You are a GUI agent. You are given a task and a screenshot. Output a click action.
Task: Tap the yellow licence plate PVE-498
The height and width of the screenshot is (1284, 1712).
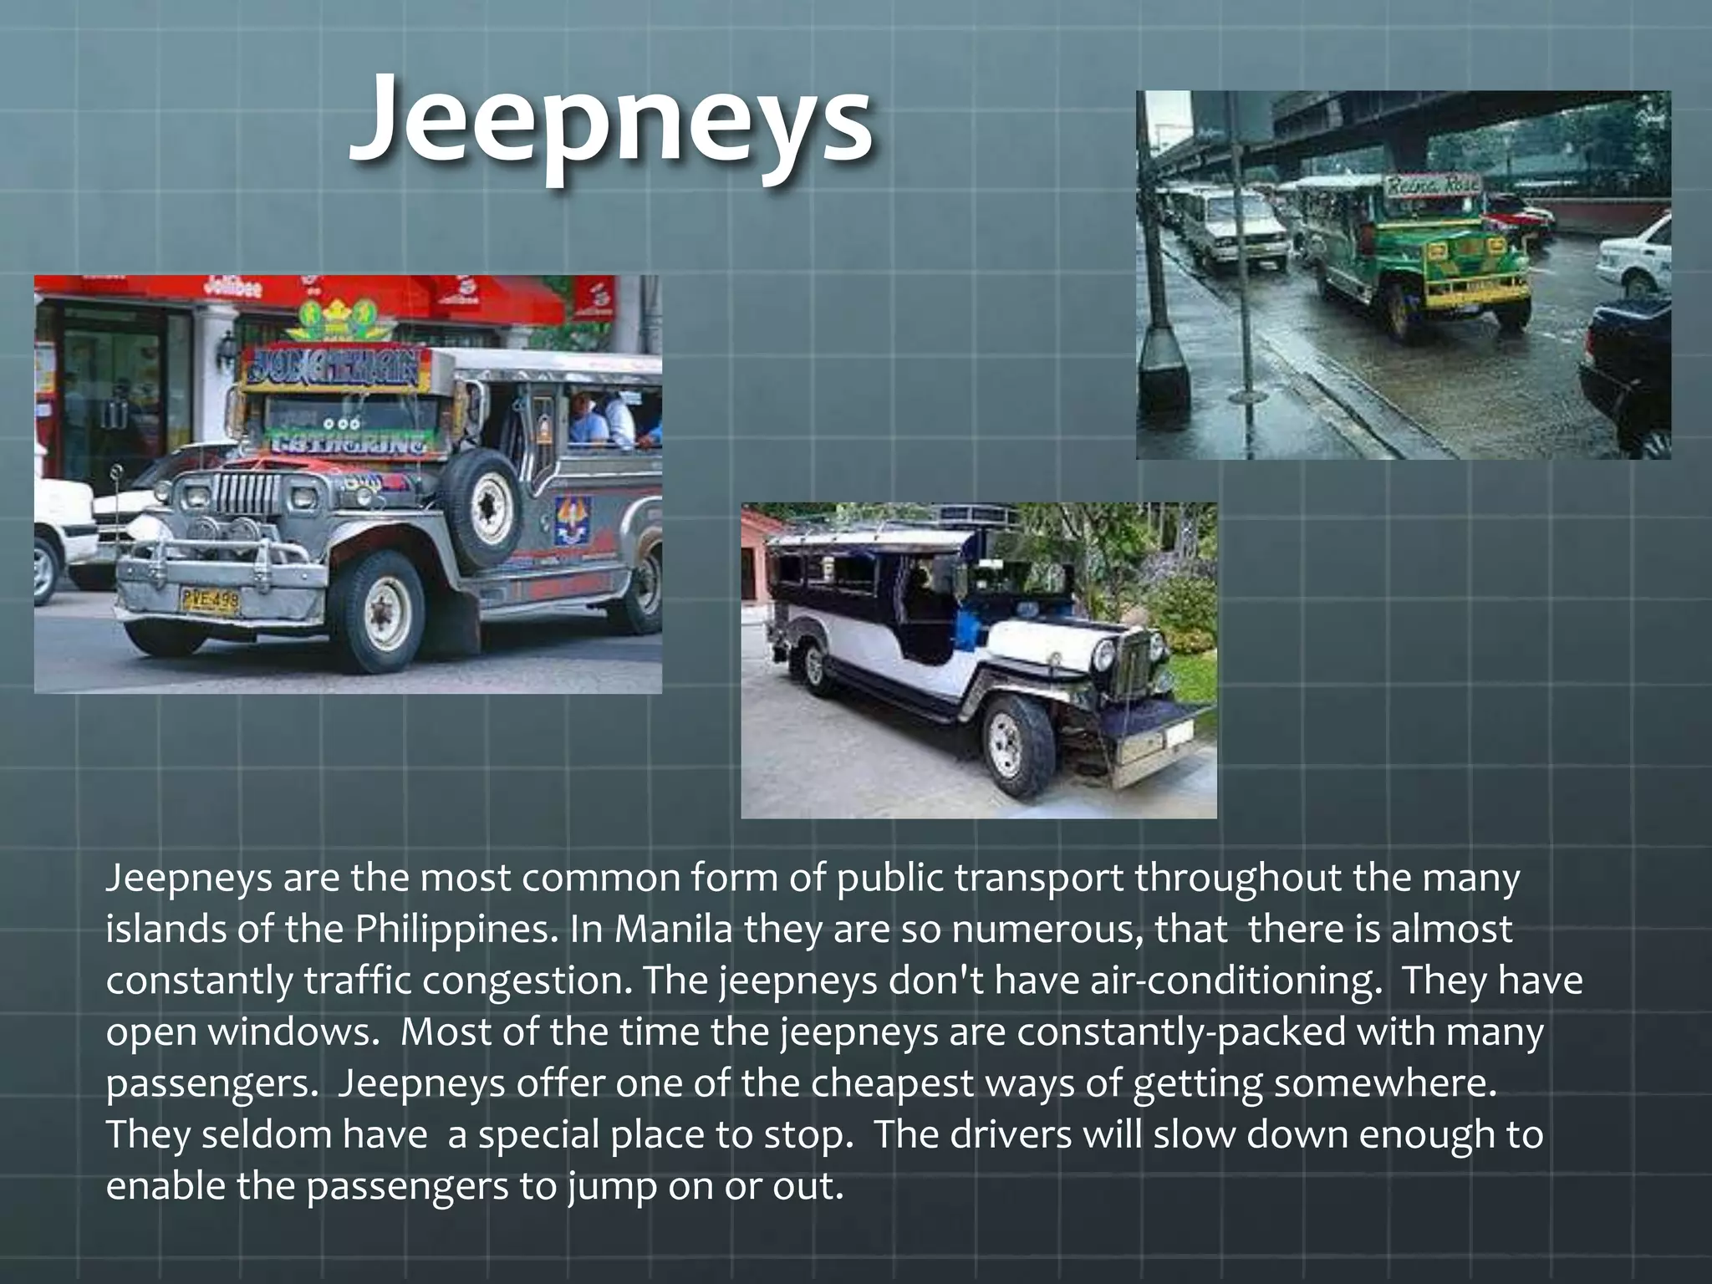click(210, 599)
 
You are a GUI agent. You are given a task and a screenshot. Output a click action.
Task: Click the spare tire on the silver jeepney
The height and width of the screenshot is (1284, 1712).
click(480, 506)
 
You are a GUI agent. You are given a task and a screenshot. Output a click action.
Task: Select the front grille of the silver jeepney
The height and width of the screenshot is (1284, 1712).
click(247, 493)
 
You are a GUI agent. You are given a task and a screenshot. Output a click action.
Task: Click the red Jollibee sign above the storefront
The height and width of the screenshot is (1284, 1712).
click(235, 288)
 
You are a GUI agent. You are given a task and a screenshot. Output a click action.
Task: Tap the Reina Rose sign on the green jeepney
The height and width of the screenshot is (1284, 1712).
click(1433, 184)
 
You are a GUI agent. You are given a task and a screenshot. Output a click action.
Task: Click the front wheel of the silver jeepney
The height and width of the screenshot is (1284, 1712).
click(382, 612)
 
